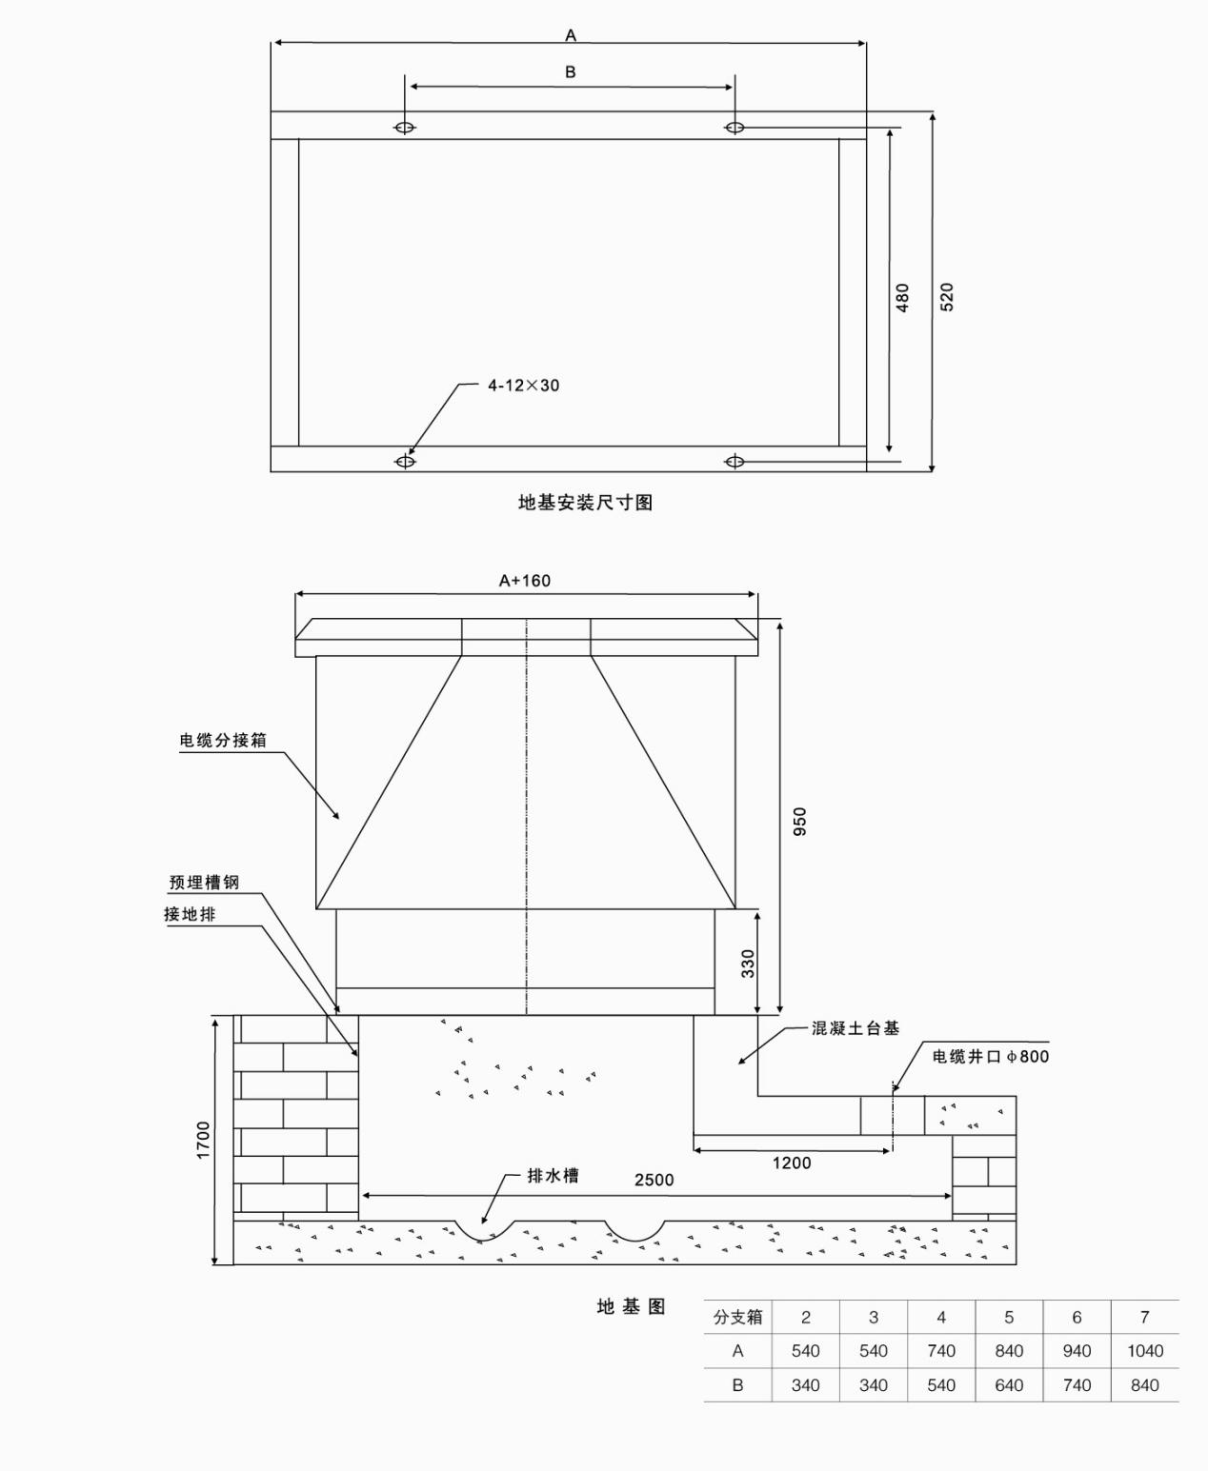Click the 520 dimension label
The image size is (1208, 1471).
click(x=946, y=296)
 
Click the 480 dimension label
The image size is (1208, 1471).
click(x=902, y=296)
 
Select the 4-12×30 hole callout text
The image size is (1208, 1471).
click(x=523, y=386)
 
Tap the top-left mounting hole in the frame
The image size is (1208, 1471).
click(x=405, y=128)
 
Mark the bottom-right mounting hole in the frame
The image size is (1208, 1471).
click(x=735, y=462)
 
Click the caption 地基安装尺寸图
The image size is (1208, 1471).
click(x=585, y=503)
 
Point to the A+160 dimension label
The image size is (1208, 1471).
click(x=525, y=581)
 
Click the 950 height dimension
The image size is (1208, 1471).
click(x=799, y=821)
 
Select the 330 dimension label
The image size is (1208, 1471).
click(x=748, y=963)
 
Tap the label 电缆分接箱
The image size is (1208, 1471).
click(x=223, y=740)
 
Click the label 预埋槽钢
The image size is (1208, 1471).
click(x=204, y=883)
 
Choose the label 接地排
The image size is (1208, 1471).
click(x=190, y=914)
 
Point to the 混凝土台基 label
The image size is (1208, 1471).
click(x=855, y=1028)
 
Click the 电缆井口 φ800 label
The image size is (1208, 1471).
click(x=990, y=1056)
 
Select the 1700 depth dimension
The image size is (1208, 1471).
click(x=203, y=1140)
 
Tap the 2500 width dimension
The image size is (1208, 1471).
click(x=654, y=1180)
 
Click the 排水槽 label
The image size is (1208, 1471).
click(x=553, y=1175)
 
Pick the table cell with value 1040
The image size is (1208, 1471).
click(x=1144, y=1351)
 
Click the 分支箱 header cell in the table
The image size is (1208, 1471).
click(x=737, y=1317)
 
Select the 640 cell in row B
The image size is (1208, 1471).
click(x=1009, y=1385)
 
